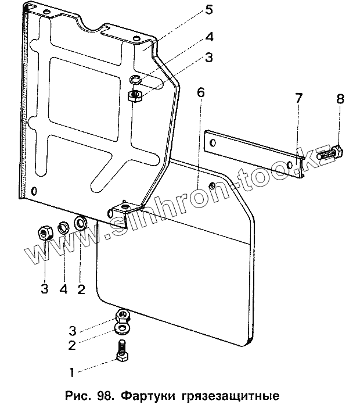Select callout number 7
click(298, 99)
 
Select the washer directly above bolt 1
click(123, 330)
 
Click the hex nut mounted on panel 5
click(135, 95)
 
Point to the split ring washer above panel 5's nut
click(135, 81)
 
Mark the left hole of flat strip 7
click(214, 143)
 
